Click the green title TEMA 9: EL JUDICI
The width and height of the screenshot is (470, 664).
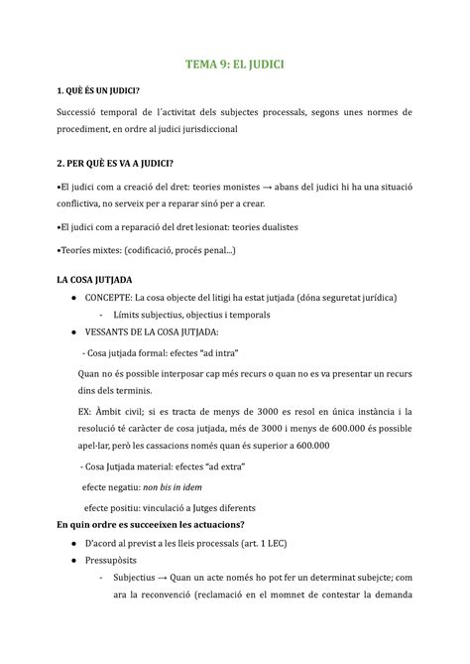click(x=235, y=68)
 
